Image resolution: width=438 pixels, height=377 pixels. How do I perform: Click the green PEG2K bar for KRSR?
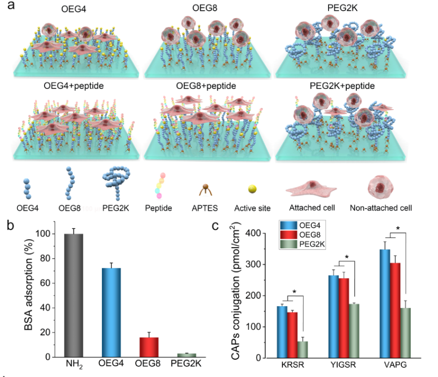click(x=303, y=349)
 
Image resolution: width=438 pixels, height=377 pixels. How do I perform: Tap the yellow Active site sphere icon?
click(x=251, y=189)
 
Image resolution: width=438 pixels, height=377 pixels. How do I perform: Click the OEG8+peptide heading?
click(x=207, y=86)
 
